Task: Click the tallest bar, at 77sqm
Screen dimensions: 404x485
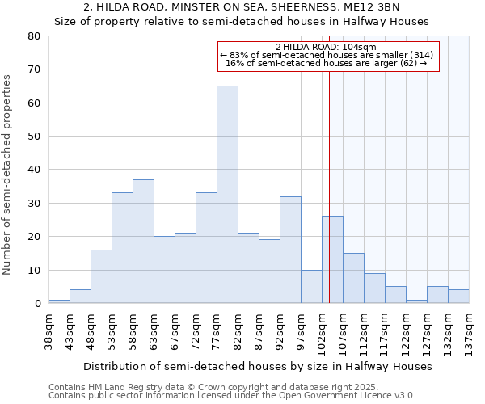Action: tap(227, 194)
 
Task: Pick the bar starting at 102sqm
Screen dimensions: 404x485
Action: tap(332, 259)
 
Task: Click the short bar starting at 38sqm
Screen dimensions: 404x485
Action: tap(59, 301)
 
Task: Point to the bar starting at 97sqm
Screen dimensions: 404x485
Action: tap(311, 286)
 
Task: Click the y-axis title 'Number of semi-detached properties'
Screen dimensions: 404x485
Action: tap(8, 175)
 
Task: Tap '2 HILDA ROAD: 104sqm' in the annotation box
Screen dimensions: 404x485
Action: tap(327, 47)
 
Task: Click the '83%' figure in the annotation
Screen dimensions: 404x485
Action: tap(239, 55)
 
